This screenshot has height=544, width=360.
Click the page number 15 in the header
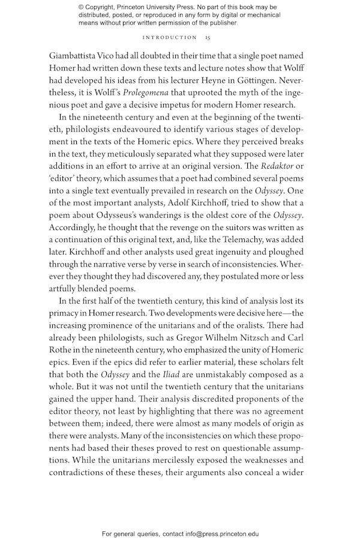point(207,37)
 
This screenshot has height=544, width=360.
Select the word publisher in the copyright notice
point(220,23)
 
